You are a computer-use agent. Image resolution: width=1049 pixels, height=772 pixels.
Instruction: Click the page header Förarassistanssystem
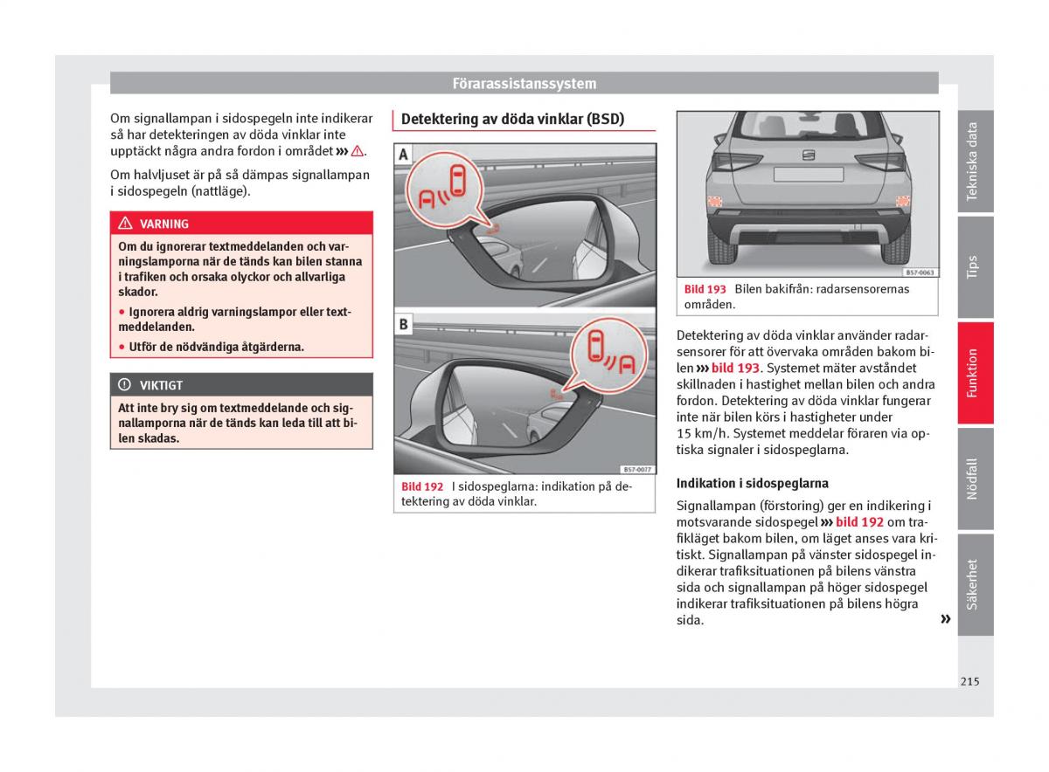point(524,84)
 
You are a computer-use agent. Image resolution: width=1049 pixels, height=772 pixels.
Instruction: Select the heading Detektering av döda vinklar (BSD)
point(512,120)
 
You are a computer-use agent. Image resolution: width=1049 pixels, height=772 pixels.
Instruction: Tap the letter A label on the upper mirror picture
point(403,155)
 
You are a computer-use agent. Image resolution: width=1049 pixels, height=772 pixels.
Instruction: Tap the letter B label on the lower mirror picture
point(403,324)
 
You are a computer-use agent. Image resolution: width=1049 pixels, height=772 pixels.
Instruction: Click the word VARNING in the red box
point(163,224)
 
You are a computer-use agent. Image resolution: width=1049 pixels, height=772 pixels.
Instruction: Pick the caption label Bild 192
point(422,486)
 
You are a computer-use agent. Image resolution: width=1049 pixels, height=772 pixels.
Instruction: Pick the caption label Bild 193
point(705,289)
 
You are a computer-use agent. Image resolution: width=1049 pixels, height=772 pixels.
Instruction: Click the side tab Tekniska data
point(974,162)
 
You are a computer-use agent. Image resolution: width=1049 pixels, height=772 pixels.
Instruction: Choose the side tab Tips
point(974,266)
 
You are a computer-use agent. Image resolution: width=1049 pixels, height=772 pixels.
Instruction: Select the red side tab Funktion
point(974,373)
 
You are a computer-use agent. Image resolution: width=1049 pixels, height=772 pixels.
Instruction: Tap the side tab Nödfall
point(974,479)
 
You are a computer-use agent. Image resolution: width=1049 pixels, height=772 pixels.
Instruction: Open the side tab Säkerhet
point(974,583)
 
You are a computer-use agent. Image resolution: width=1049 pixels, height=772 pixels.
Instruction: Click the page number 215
point(969,681)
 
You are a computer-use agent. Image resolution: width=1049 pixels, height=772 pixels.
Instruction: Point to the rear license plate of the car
point(808,174)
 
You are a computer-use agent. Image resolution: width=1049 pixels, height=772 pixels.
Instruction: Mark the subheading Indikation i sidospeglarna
point(752,483)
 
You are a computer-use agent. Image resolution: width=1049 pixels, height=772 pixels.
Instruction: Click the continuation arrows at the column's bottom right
point(945,619)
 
